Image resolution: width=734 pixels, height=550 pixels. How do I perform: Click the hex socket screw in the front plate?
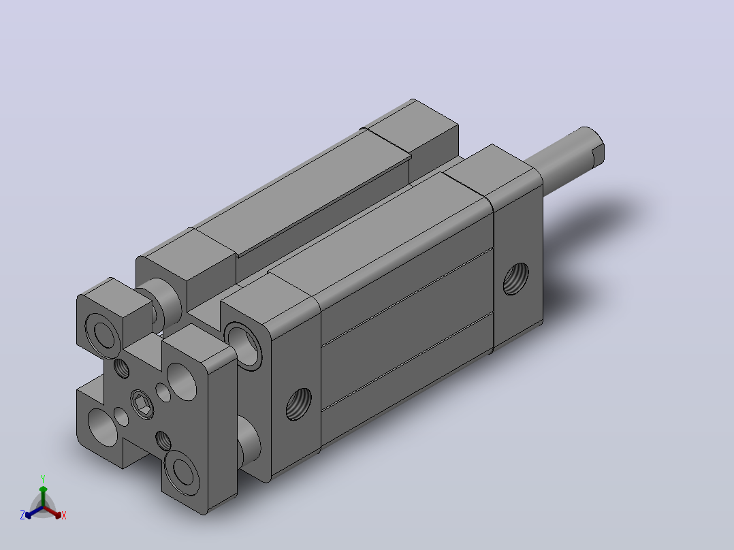pyautogui.click(x=142, y=404)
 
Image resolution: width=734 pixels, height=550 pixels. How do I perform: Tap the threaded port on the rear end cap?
pyautogui.click(x=516, y=278)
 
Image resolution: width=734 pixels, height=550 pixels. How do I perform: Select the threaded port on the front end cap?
pyautogui.click(x=299, y=404)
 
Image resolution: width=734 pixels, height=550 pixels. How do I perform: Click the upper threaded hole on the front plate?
pyautogui.click(x=122, y=368)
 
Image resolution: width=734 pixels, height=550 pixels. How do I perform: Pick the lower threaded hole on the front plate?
pyautogui.click(x=163, y=441)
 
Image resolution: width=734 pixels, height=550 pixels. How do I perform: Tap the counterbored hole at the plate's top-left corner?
pyautogui.click(x=103, y=332)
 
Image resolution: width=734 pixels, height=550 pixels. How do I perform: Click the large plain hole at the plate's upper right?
pyautogui.click(x=182, y=381)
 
